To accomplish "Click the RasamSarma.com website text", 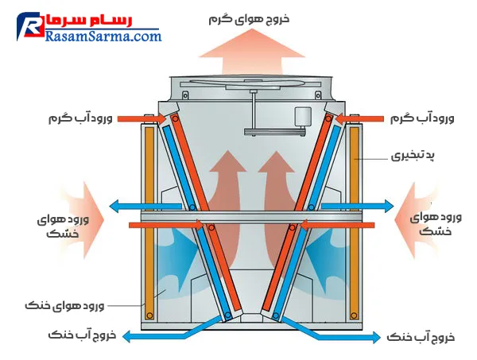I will [x=103, y=36].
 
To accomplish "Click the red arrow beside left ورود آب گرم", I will [x=143, y=119].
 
